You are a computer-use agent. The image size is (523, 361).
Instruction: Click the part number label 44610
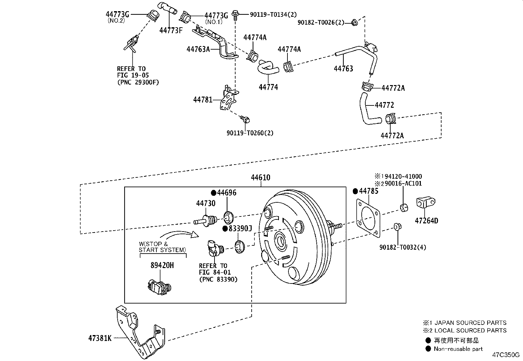point(260,178)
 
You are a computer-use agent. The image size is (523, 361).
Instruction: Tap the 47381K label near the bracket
point(100,338)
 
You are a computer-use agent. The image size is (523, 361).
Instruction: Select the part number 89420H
point(162,265)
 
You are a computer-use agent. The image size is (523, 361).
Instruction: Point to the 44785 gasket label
point(368,191)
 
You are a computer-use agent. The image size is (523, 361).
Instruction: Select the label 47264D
point(426,221)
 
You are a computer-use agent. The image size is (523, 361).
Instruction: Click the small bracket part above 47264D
point(425,202)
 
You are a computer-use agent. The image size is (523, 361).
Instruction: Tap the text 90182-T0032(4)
point(402,247)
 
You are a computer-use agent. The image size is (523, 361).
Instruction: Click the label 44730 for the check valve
point(206,203)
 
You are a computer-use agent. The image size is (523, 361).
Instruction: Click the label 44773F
point(171,31)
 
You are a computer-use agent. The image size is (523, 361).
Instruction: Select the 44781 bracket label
point(203,99)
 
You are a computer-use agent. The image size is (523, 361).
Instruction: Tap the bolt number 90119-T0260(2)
point(250,133)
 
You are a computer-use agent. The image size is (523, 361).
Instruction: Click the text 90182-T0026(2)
point(321,22)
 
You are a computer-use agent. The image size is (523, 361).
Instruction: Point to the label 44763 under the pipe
point(343,69)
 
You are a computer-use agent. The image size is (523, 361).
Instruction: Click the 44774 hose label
point(268,87)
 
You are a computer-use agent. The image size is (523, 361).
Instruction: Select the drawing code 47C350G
point(506,355)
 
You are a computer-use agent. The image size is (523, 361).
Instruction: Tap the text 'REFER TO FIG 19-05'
point(131,72)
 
